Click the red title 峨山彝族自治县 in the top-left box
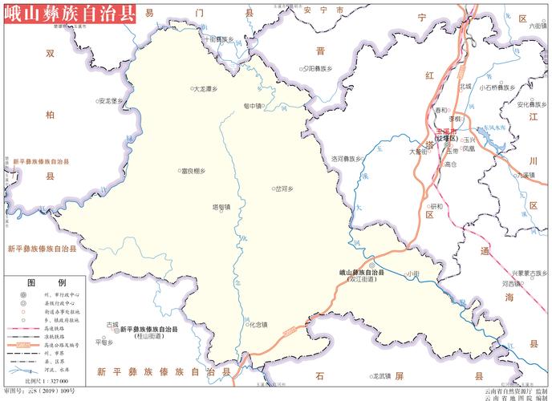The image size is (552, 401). [x=70, y=14]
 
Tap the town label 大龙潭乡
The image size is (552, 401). [x=207, y=89]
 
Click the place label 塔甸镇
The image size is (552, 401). [x=221, y=207]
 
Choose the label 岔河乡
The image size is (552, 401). [x=285, y=188]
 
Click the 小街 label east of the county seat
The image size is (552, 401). [x=412, y=274]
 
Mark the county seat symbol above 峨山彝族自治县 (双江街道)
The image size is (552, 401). [x=371, y=265]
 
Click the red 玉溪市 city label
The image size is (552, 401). [x=446, y=131]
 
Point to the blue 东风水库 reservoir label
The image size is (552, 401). [x=496, y=127]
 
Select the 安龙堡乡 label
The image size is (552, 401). [x=111, y=101]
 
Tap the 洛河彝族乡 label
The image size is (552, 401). [x=346, y=158]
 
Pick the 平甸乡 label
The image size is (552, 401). [x=105, y=342]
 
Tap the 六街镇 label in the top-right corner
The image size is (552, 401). [x=538, y=26]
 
